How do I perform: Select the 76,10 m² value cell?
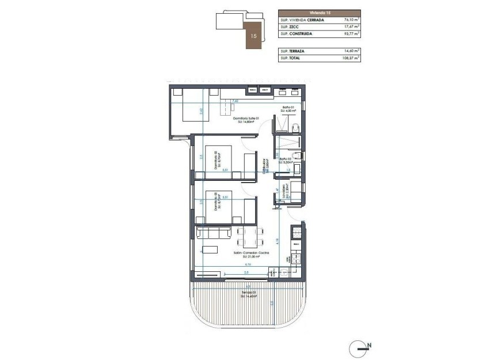pos(349,20)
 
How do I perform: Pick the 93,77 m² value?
pos(349,34)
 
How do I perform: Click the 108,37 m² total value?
pos(348,58)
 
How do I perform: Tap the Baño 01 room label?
pos(288,108)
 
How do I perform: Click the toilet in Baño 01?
pos(294,127)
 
